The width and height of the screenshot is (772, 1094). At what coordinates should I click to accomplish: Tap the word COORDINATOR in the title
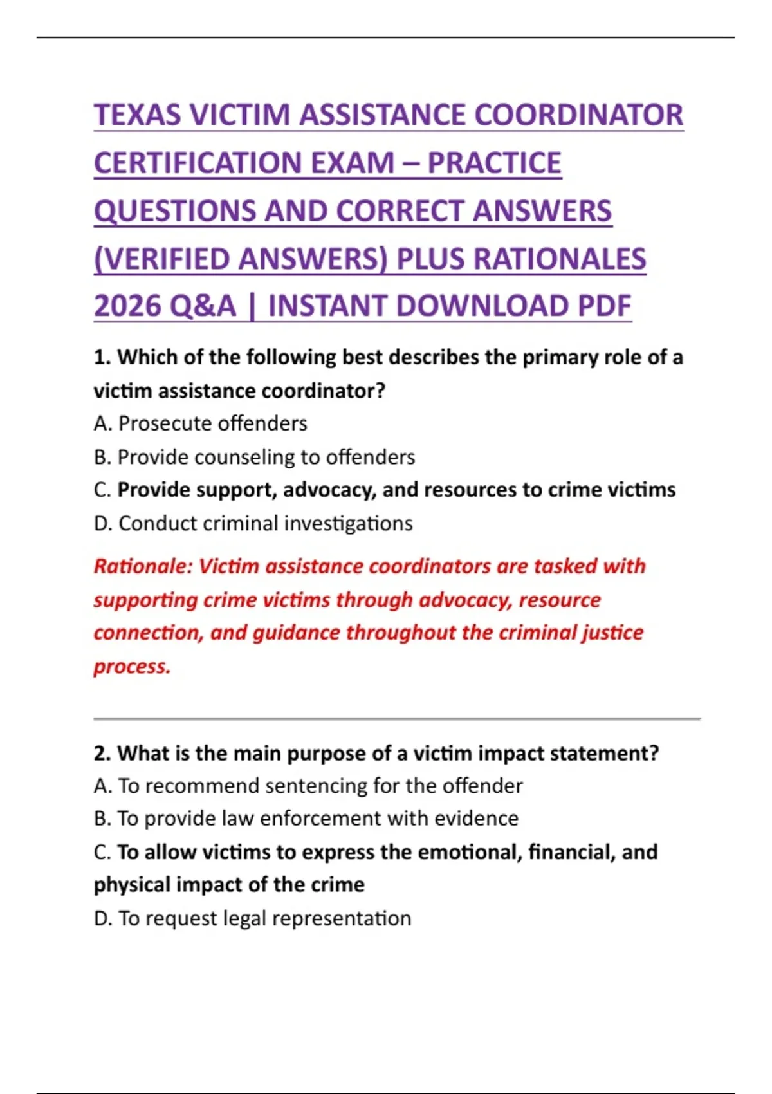(x=578, y=115)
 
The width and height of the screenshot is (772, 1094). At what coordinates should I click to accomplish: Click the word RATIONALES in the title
(x=559, y=259)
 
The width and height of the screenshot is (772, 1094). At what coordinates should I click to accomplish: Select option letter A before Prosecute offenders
(x=102, y=423)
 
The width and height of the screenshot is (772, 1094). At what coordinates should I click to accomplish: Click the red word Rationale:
(x=143, y=566)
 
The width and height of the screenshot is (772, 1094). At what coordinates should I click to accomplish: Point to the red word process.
(x=132, y=666)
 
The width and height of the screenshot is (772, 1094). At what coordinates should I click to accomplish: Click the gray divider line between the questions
(x=396, y=718)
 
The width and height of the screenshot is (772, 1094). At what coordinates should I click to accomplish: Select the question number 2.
(x=102, y=753)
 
